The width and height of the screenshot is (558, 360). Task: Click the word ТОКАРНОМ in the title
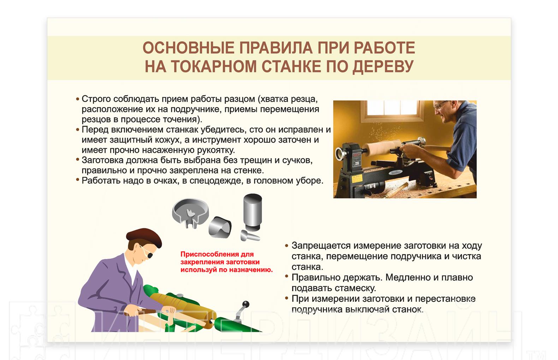(214, 66)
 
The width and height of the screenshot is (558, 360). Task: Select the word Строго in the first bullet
(96, 99)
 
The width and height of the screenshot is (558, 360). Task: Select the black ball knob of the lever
(246, 304)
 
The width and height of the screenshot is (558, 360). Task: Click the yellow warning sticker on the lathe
(357, 179)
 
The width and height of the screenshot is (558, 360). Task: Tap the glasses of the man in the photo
(440, 105)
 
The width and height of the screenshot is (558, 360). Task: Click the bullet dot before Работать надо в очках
(77, 179)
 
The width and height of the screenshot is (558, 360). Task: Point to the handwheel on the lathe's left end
(340, 154)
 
